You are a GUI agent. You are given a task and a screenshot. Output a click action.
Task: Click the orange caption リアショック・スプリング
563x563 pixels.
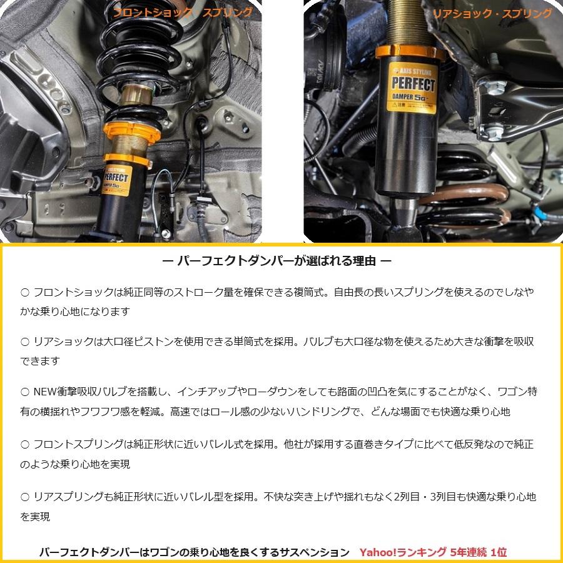coord(492,13)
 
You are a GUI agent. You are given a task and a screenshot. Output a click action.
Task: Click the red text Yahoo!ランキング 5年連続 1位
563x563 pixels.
coord(433,552)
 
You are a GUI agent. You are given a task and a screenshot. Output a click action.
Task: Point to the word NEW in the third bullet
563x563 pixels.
coord(46,392)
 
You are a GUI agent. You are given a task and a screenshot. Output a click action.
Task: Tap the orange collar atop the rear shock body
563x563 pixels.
coord(410,52)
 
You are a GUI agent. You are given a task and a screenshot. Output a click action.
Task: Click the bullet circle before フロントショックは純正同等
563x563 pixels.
coord(25,292)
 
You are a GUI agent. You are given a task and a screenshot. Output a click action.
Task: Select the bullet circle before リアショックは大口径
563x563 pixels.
coord(25,342)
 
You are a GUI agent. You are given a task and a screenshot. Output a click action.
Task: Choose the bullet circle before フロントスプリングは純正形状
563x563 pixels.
coord(25,444)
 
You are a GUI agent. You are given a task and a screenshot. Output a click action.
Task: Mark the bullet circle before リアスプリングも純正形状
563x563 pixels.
coord(25,497)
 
